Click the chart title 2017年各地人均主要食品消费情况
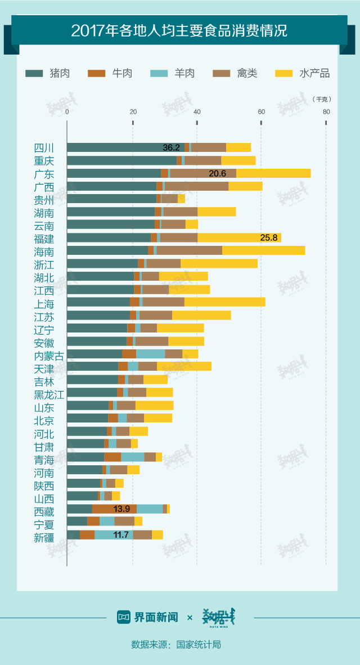pos(179,30)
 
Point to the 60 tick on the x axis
pos(261,111)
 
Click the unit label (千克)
pos(321,99)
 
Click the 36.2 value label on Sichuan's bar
pos(171,147)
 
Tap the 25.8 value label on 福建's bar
pos(269,238)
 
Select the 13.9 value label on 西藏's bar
pos(121,509)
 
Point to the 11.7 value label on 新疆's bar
pos(121,534)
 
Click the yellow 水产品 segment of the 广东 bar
pos(273,173)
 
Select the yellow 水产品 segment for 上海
pos(224,302)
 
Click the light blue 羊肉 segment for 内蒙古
pos(150,354)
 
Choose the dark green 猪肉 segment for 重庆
pos(121,160)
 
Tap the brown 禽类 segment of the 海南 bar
pos(189,250)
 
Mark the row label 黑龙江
pos(48,393)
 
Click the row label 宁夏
pos(44,522)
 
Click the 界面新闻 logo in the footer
pos(147,617)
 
